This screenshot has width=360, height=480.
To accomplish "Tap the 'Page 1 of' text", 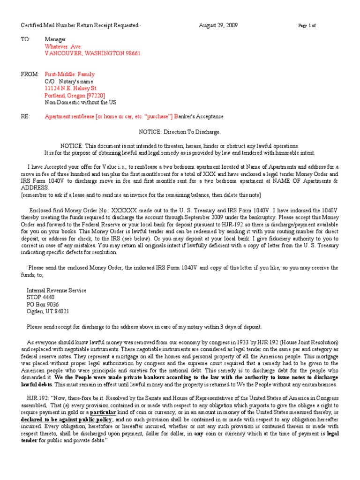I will click(x=307, y=26).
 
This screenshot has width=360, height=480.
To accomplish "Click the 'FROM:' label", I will click(x=29, y=74).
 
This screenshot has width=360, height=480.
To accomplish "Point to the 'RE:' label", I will click(x=25, y=116).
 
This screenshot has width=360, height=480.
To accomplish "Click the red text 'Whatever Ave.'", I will click(x=63, y=47).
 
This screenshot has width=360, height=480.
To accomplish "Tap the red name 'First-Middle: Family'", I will click(x=69, y=74).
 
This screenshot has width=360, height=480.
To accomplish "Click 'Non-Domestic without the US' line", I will click(x=81, y=102).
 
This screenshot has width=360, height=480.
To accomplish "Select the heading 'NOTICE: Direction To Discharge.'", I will click(x=180, y=132).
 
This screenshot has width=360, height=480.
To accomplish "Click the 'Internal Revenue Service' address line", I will click(x=56, y=291).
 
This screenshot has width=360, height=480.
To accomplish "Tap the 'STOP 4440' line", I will click(x=40, y=298).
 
